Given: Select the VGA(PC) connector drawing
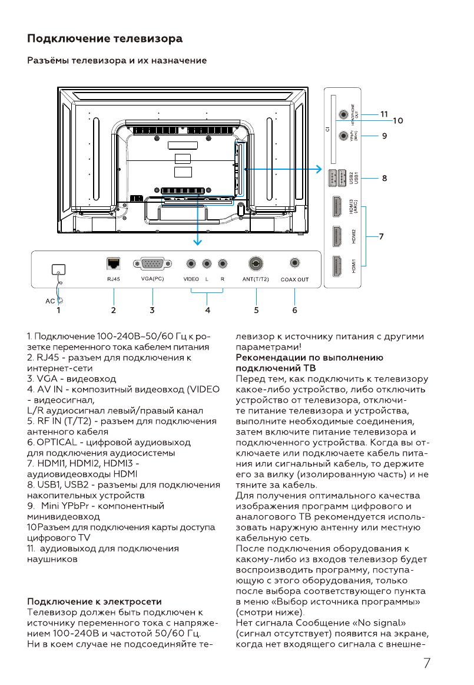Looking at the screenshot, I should tap(153, 264).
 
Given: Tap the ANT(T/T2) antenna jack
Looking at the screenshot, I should tap(256, 263).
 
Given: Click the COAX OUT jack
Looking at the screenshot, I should tap(294, 263).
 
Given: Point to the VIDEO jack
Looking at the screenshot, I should tap(191, 264).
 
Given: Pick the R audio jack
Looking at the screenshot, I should tap(223, 264).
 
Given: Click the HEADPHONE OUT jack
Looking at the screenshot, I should tap(344, 113).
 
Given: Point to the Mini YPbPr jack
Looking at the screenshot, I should tap(344, 136).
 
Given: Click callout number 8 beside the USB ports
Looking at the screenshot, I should tap(384, 177).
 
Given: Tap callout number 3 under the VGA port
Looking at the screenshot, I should tap(152, 309).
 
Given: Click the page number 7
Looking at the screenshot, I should tap(426, 663).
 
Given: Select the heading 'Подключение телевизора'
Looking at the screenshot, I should tap(105, 39).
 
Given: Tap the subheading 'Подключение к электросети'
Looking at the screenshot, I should tap(94, 602).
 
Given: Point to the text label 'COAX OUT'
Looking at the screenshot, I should tap(294, 279).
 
